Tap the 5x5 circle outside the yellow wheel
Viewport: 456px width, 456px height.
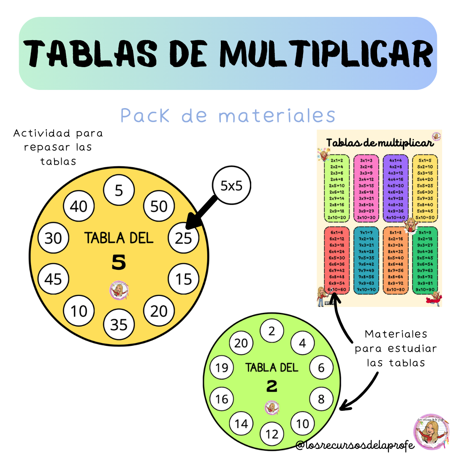pyautogui.click(x=231, y=185)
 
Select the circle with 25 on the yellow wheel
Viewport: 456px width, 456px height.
pyautogui.click(x=184, y=238)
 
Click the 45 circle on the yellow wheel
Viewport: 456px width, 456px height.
pyautogui.click(x=53, y=279)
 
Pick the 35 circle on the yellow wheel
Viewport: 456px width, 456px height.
pyautogui.click(x=119, y=324)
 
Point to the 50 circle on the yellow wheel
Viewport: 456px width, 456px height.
pyautogui.click(x=159, y=206)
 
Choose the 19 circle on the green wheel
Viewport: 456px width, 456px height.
pyautogui.click(x=221, y=368)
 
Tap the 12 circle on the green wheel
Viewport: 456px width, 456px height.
pyautogui.click(x=272, y=434)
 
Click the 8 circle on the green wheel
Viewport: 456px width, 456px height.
pyautogui.click(x=321, y=399)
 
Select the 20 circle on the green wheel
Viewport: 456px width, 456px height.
pyautogui.click(x=241, y=343)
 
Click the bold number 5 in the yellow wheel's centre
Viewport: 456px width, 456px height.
pyautogui.click(x=119, y=263)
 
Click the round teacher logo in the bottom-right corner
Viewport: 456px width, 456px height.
pyautogui.click(x=431, y=431)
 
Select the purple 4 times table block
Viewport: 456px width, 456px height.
pyautogui.click(x=395, y=189)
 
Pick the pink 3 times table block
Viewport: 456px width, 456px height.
pyautogui.click(x=366, y=189)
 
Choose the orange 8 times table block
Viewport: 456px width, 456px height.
pyautogui.click(x=395, y=261)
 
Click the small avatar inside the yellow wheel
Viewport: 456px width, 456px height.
pyautogui.click(x=119, y=290)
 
